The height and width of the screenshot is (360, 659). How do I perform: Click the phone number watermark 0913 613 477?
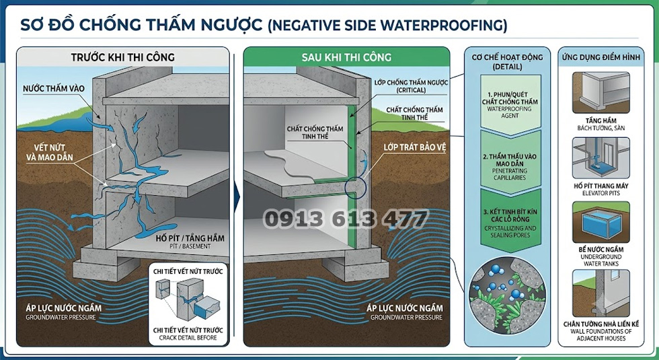click(346, 219)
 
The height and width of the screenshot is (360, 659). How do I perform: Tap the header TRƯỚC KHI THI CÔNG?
click(122, 57)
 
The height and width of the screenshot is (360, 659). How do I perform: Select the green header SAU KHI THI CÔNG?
click(346, 57)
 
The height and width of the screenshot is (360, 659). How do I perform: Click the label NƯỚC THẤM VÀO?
click(53, 88)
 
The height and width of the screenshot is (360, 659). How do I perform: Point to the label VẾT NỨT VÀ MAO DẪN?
click(50, 153)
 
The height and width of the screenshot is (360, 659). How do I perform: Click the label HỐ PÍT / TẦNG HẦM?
click(190, 241)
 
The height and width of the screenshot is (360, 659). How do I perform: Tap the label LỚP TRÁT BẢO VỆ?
click(414, 147)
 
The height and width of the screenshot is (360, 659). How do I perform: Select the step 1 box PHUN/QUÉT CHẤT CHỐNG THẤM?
click(510, 105)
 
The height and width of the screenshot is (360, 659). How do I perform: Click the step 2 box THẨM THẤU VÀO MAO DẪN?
click(510, 164)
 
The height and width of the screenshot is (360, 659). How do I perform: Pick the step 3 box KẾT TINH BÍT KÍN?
click(510, 221)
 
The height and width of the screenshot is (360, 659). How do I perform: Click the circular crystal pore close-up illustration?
click(507, 295)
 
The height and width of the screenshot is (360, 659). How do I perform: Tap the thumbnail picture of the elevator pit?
click(601, 158)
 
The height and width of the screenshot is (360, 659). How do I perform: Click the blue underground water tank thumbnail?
click(601, 222)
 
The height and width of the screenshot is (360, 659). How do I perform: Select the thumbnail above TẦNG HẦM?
click(601, 93)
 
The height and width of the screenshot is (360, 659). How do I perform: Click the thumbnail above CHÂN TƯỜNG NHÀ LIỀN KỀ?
click(601, 293)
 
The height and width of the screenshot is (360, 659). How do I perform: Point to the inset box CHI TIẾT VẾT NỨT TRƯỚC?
click(188, 304)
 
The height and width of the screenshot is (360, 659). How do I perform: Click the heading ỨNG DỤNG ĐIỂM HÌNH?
click(601, 57)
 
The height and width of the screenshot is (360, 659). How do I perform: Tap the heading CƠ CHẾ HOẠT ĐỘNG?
click(507, 61)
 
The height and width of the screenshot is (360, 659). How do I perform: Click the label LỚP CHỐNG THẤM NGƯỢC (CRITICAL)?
click(411, 86)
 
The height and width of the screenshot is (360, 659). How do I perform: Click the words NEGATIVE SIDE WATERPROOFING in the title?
click(387, 26)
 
